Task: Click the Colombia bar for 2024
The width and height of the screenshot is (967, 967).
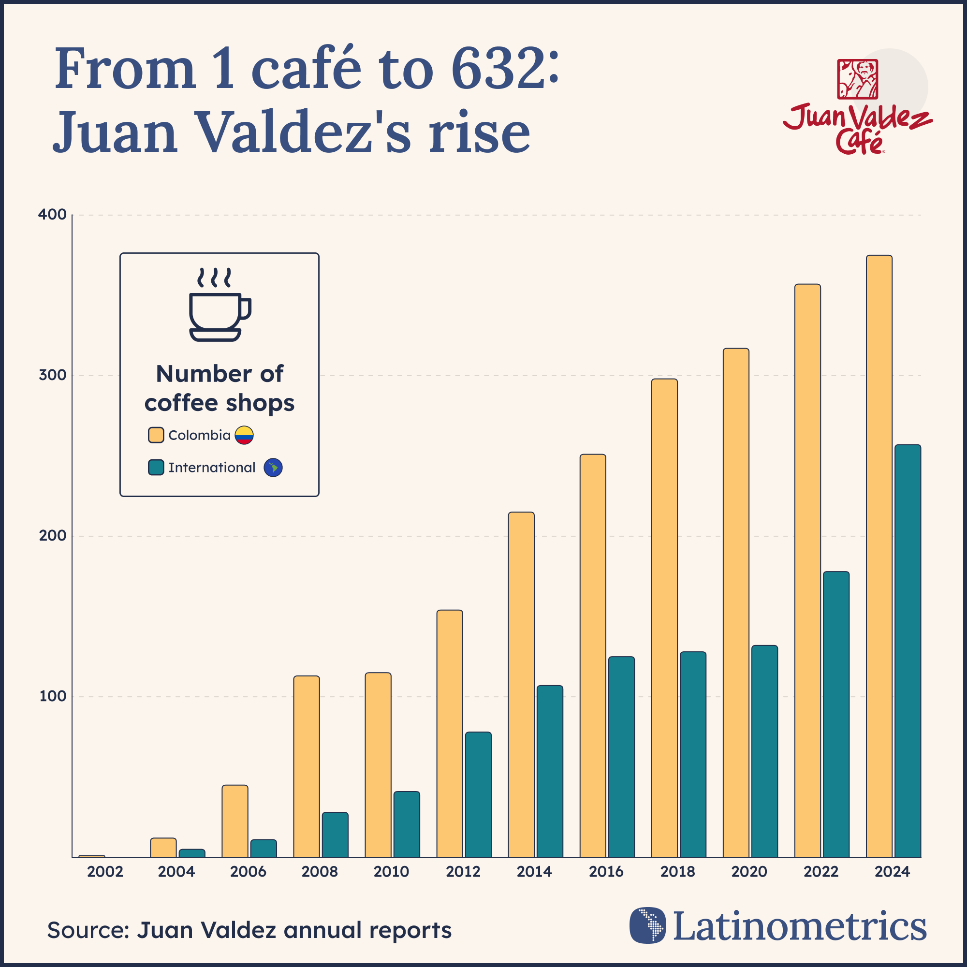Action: (x=879, y=556)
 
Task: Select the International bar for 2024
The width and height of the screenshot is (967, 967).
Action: (x=908, y=651)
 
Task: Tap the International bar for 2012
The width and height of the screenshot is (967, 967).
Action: (x=478, y=794)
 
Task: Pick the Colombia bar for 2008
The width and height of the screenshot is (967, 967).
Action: (x=307, y=766)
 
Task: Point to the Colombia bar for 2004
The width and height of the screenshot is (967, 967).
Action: (x=163, y=848)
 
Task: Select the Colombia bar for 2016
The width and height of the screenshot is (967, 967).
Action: (x=593, y=656)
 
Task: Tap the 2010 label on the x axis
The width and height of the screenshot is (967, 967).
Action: (x=392, y=872)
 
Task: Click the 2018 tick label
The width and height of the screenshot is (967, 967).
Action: (x=678, y=872)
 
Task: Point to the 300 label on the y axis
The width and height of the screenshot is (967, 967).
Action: (x=53, y=375)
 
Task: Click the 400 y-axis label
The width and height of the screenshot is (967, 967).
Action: (x=53, y=215)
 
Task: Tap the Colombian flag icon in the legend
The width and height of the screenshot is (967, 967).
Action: (x=244, y=435)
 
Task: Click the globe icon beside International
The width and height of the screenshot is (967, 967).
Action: (x=273, y=468)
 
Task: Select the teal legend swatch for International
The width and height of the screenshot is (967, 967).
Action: (x=156, y=468)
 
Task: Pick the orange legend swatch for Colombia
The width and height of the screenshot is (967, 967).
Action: (x=156, y=435)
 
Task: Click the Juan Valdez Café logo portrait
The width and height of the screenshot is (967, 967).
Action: (x=857, y=79)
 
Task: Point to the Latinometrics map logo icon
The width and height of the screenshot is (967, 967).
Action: (x=648, y=925)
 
